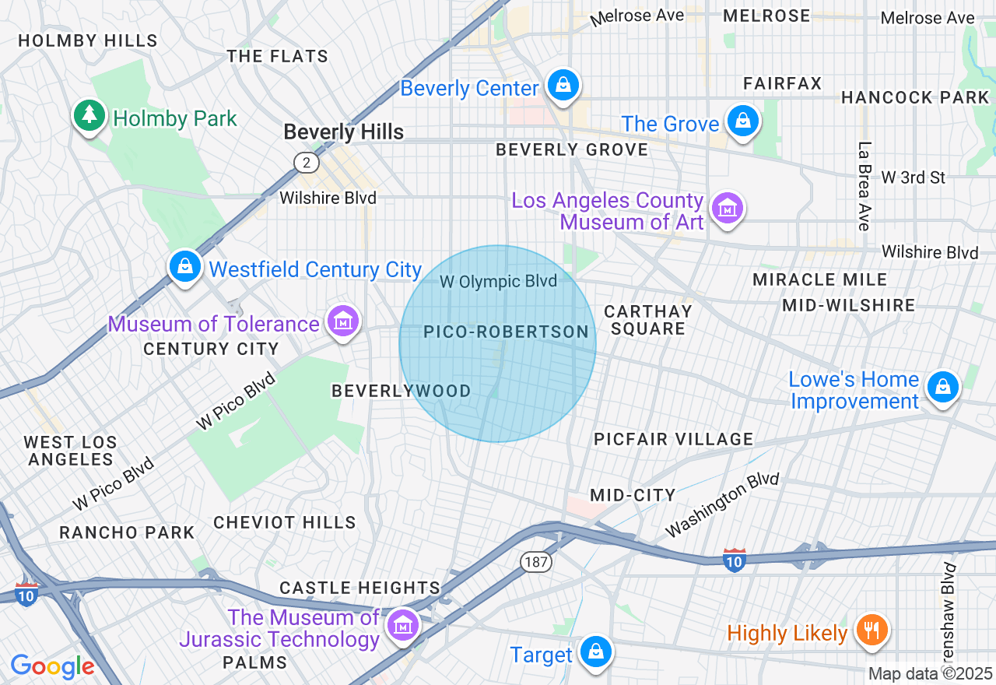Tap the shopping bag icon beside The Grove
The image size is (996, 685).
coord(743,122)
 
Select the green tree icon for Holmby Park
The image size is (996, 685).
coord(90,116)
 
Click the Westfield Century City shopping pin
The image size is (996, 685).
coord(185,267)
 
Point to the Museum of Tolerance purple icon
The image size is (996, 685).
coord(342,321)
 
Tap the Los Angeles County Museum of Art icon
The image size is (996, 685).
coord(728,209)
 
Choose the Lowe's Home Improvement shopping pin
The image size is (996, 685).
coord(943,387)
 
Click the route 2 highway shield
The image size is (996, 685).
coord(307,162)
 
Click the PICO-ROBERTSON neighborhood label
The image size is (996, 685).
coord(506,332)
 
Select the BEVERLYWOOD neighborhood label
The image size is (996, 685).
coord(402,391)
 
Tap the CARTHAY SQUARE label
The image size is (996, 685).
coord(647,320)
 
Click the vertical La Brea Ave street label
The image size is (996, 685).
coord(863,186)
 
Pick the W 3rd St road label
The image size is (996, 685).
coord(914,177)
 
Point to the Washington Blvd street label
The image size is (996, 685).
coord(722,504)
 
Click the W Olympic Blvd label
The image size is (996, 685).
coord(498,282)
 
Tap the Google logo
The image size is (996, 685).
coord(52,666)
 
